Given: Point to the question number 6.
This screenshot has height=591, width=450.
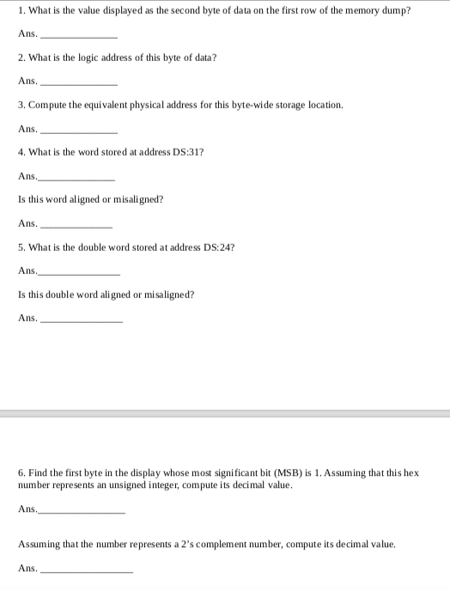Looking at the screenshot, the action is [x=21, y=473].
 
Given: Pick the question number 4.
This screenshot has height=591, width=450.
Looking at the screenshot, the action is [x=21, y=152].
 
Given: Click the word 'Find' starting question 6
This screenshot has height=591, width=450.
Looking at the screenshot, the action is [x=37, y=473].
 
